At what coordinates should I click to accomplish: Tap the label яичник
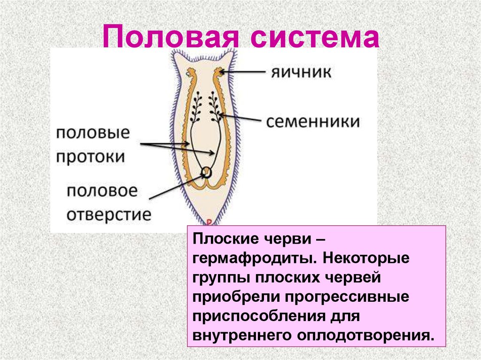301,72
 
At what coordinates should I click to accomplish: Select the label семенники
312,122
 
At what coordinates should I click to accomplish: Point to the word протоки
91,157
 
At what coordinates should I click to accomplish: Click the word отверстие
109,214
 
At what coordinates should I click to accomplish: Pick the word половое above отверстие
102,191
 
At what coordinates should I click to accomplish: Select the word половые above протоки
93,133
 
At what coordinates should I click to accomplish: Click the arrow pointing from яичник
242,72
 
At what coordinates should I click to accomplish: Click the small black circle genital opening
207,173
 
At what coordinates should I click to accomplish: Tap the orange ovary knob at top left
191,72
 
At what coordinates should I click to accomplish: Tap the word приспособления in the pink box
258,316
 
